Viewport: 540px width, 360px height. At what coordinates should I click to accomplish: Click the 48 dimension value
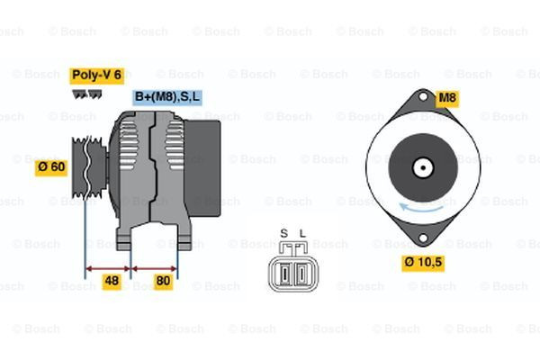(x=111, y=281)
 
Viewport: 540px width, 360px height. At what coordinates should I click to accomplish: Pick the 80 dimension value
(x=163, y=281)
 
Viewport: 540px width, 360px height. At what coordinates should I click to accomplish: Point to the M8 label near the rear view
(x=447, y=97)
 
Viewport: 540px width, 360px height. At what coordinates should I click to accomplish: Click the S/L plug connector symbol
(x=292, y=269)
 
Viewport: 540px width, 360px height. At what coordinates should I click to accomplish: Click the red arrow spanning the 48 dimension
(x=108, y=267)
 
